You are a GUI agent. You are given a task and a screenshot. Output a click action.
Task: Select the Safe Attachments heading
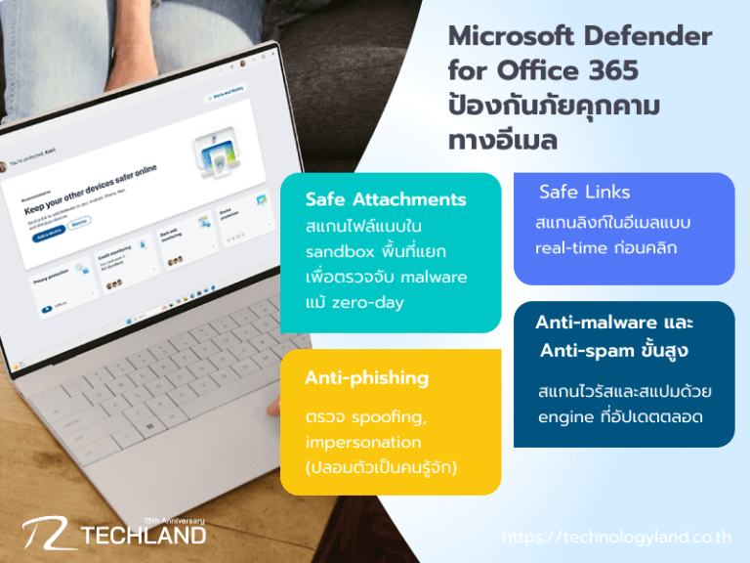click(386, 199)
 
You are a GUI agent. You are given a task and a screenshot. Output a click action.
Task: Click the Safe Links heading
click(585, 192)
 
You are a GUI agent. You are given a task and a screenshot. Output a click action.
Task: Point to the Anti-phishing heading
click(366, 378)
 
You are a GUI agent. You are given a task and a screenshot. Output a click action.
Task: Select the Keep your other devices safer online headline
click(89, 201)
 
